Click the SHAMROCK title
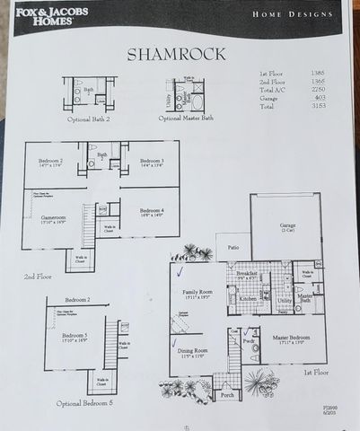pyautogui.click(x=180, y=54)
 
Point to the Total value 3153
pyautogui.click(x=317, y=106)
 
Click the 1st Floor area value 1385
pyautogui.click(x=317, y=73)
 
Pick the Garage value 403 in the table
pyautogui.click(x=317, y=98)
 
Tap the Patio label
pyautogui.click(x=233, y=246)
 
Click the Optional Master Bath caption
pyautogui.click(x=186, y=118)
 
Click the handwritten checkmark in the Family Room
pyautogui.click(x=180, y=271)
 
